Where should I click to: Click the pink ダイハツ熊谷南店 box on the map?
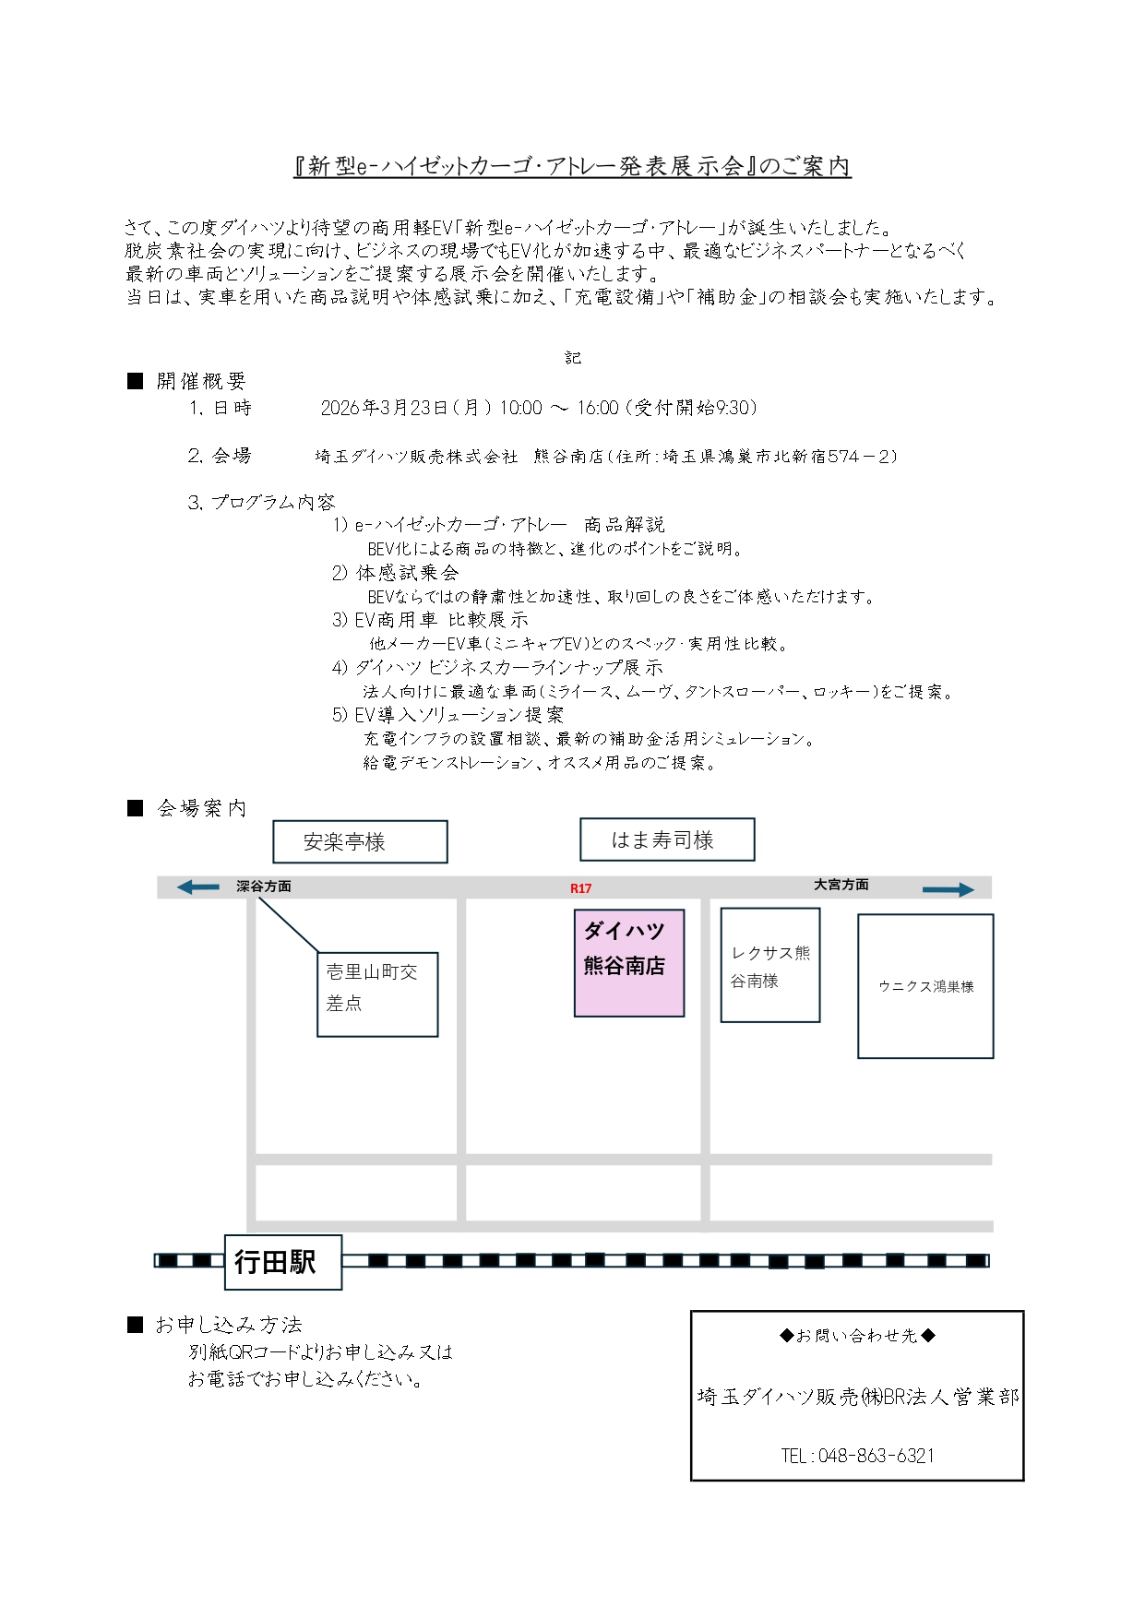point(628,962)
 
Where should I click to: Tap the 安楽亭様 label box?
point(360,841)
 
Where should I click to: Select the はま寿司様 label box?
point(666,839)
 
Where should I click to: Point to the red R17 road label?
point(580,888)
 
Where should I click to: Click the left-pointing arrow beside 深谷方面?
point(197,887)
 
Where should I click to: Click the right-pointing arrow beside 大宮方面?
point(948,889)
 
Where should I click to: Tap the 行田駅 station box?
point(283,1261)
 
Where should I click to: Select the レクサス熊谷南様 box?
point(769,965)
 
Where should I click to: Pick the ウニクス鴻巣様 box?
point(924,985)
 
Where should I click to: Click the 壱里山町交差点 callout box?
point(376,994)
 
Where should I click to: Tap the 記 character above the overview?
point(573,358)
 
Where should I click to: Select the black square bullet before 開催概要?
point(136,381)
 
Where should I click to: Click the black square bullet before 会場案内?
point(136,808)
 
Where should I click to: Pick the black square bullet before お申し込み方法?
point(136,1325)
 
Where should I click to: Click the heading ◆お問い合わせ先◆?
point(856,1335)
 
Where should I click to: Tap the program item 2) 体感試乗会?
point(395,573)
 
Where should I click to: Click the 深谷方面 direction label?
point(263,886)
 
